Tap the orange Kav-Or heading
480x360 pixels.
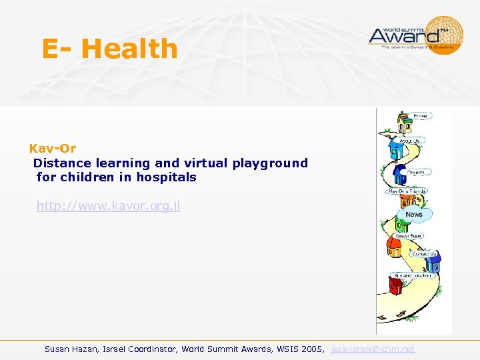pyautogui.click(x=53, y=149)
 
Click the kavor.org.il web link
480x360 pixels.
pyautogui.click(x=108, y=206)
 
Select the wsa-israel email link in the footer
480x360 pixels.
pyautogui.click(x=373, y=349)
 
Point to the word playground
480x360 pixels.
pyautogui.click(x=270, y=163)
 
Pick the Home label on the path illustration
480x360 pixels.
pyautogui.click(x=420, y=116)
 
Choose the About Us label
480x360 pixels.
pyautogui.click(x=409, y=141)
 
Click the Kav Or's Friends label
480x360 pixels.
pyautogui.click(x=407, y=191)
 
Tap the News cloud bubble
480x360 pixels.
pyautogui.click(x=414, y=214)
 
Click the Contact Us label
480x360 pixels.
pyautogui.click(x=423, y=254)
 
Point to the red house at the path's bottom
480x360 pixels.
pyautogui.click(x=396, y=286)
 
